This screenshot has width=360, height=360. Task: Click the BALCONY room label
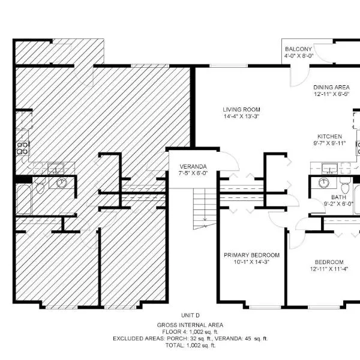point(298,49)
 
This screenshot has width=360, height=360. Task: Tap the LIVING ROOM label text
point(241,110)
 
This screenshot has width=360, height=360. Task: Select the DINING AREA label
point(331,87)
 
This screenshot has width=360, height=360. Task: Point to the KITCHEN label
point(329,136)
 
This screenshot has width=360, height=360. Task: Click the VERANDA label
point(193,166)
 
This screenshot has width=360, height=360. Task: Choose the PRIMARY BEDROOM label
point(251,255)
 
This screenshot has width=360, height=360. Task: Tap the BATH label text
point(338,197)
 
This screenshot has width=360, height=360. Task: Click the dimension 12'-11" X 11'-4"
point(329,269)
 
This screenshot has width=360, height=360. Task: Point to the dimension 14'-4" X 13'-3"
point(241,116)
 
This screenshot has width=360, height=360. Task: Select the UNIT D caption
point(190,316)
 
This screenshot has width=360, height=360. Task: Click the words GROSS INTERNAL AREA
point(190,325)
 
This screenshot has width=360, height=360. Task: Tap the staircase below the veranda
point(205,208)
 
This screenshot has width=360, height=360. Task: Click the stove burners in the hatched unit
point(23,148)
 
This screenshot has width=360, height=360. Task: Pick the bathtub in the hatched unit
point(23,199)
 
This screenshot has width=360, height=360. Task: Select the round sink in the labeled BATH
point(324,183)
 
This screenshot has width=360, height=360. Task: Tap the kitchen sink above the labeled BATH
point(329,168)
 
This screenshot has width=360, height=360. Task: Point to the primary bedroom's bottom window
point(265,307)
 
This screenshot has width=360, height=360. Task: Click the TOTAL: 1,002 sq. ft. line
point(190,346)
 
